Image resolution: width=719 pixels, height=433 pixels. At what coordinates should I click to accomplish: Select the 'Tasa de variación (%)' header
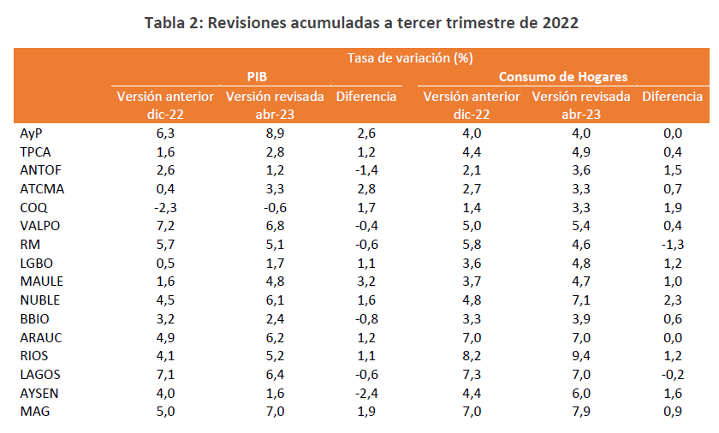(x=410, y=58)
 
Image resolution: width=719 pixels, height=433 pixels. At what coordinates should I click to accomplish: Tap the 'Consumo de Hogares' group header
(x=563, y=77)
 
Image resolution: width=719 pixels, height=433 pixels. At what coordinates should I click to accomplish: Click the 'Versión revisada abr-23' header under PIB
(x=275, y=105)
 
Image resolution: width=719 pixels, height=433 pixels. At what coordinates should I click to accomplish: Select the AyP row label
(x=31, y=133)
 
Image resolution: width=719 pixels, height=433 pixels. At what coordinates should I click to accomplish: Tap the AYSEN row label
(x=39, y=392)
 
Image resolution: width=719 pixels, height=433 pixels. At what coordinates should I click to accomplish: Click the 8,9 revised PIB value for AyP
(x=275, y=133)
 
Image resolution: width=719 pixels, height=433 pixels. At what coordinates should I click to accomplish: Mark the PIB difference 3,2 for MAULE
(x=366, y=281)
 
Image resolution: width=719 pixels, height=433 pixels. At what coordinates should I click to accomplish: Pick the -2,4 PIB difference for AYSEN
(x=365, y=392)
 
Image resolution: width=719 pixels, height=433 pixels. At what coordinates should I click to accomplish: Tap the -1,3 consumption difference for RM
(x=672, y=244)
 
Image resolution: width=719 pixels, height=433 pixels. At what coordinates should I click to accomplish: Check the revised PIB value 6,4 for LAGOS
(x=275, y=373)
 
